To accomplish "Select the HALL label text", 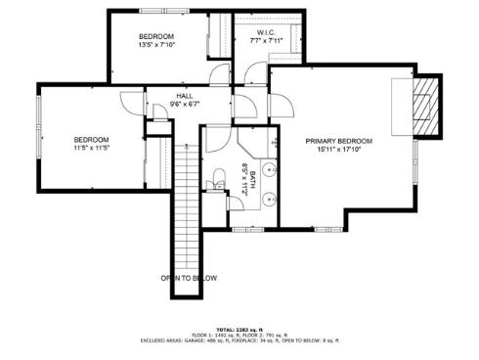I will point(184,95).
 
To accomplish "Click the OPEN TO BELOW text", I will point(190,278).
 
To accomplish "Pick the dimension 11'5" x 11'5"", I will point(90,149).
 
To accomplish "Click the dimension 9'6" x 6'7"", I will point(184,104).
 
